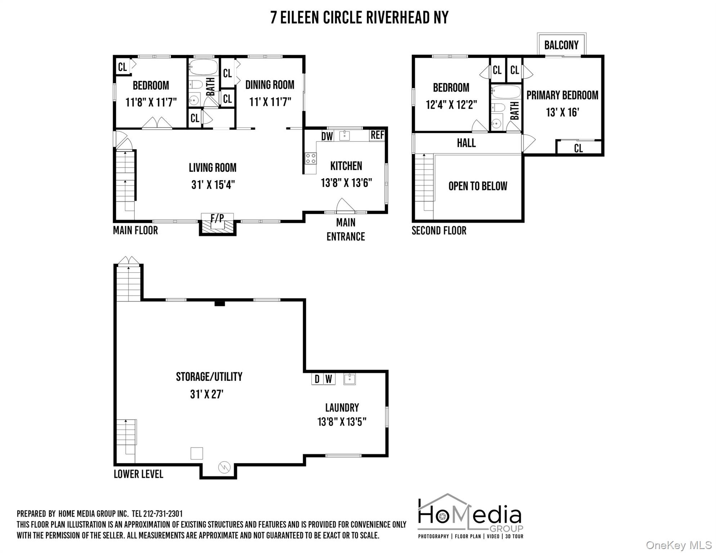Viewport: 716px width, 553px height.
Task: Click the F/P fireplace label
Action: [217, 218]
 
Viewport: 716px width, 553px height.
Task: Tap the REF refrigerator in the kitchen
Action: [377, 135]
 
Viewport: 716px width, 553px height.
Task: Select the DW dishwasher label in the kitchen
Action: [327, 136]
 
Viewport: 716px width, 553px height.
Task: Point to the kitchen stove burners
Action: [311, 158]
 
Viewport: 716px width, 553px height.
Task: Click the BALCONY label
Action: [561, 45]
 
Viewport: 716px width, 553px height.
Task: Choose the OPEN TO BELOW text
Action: [478, 186]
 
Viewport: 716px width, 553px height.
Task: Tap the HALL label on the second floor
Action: [466, 143]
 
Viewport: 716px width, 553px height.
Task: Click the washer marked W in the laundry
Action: [329, 379]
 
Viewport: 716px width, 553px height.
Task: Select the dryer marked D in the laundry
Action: [317, 379]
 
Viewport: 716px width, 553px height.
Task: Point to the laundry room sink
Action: [349, 379]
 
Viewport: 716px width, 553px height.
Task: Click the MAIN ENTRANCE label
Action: [346, 230]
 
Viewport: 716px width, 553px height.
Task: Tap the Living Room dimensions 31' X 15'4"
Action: [213, 185]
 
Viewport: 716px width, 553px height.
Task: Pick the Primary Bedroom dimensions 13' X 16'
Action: [562, 112]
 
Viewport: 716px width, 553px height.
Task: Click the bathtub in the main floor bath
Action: [203, 67]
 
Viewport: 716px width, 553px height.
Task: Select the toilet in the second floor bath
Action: [498, 107]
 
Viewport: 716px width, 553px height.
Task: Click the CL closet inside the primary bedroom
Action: [578, 148]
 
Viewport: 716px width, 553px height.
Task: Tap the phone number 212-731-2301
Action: [163, 514]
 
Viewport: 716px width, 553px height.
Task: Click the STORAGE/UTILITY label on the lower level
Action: [209, 377]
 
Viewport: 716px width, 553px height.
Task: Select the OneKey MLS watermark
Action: [679, 545]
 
